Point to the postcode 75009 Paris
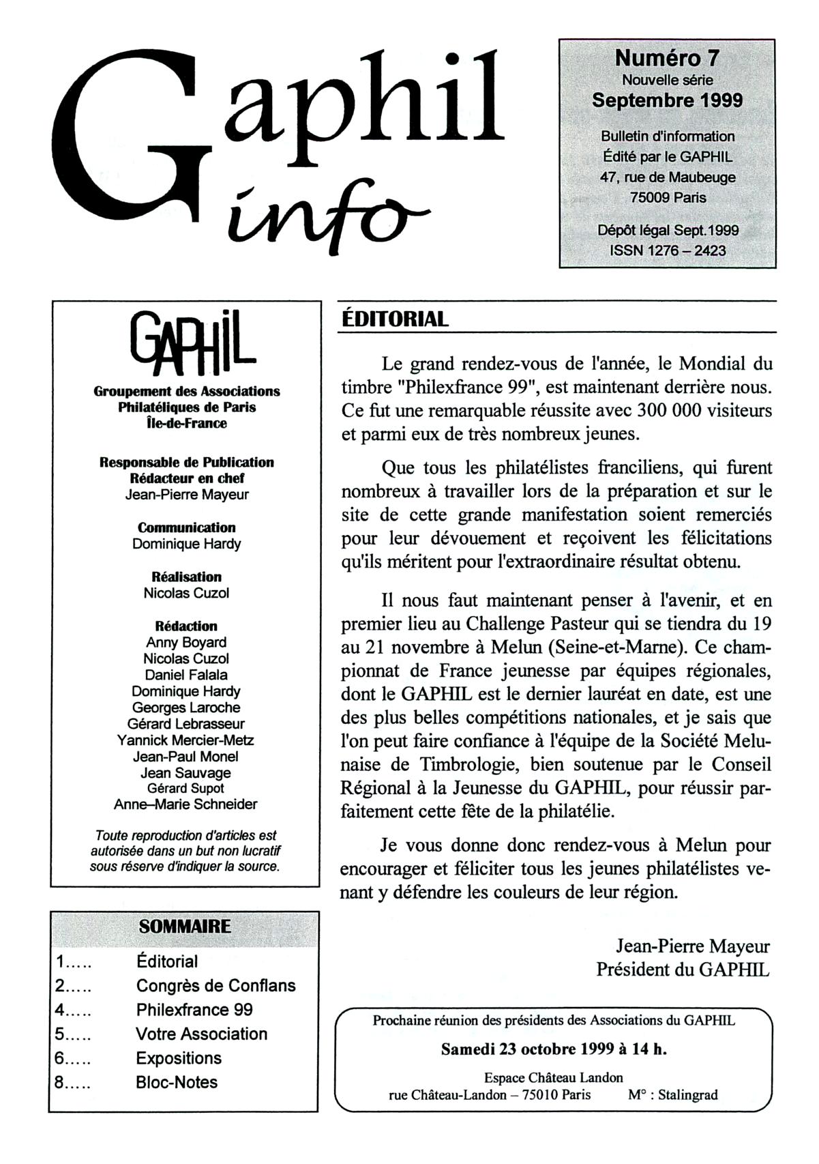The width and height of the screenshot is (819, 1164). coord(668,198)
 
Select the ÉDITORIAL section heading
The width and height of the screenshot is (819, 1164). coord(394,319)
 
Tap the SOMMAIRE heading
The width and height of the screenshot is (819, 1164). coord(185,927)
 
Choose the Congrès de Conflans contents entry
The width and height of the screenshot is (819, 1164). coord(215,985)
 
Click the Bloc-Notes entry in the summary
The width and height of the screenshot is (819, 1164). coord(177,1082)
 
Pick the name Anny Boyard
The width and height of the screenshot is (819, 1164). coord(186,642)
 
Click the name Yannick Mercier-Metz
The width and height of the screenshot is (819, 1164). coord(185,740)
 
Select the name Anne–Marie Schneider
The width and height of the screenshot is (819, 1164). coord(185,804)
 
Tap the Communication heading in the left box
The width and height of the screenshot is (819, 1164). coord(186,527)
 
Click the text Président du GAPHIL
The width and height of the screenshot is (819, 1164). coord(683,970)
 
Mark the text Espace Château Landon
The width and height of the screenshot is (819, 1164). coord(553,1078)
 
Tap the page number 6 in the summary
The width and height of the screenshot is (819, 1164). coord(60,1058)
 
